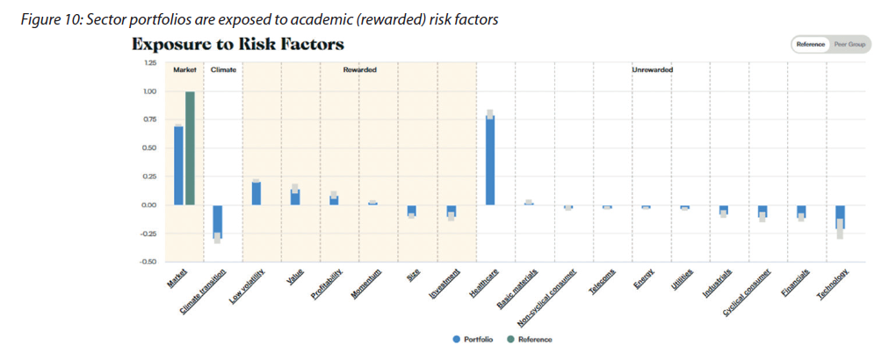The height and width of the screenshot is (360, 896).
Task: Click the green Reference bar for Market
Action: coord(190,148)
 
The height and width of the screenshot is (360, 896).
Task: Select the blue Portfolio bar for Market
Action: coord(178,165)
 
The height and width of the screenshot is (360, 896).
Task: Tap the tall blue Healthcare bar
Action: coord(490,160)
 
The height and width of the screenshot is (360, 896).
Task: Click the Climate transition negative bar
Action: coord(217,221)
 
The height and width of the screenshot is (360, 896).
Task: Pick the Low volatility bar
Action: coord(256,193)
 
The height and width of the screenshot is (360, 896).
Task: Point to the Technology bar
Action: coord(840,217)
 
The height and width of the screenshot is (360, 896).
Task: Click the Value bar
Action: coord(295,197)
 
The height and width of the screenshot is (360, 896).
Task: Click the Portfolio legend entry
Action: coord(473,339)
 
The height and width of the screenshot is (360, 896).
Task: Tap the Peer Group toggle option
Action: coord(849,44)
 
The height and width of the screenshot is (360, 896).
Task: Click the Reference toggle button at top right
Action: coord(810,44)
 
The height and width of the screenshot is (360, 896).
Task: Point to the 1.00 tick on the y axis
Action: coord(148,91)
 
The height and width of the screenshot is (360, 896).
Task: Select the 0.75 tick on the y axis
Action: coord(148,119)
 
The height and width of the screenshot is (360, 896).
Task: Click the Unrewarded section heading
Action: coord(652,69)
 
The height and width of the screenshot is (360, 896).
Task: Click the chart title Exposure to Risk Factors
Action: coord(237,44)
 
